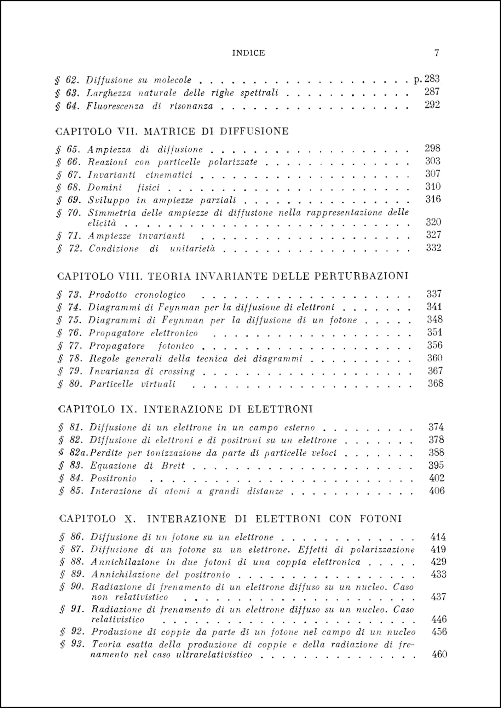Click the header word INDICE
248,53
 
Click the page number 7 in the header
437,53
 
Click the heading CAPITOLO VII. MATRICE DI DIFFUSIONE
172,131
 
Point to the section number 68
73,187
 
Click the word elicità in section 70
102,223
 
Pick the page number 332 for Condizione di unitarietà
433,248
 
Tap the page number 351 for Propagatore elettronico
434,332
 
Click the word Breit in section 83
173,466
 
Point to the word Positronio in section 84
113,478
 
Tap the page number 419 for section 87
438,549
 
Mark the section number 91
76,609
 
